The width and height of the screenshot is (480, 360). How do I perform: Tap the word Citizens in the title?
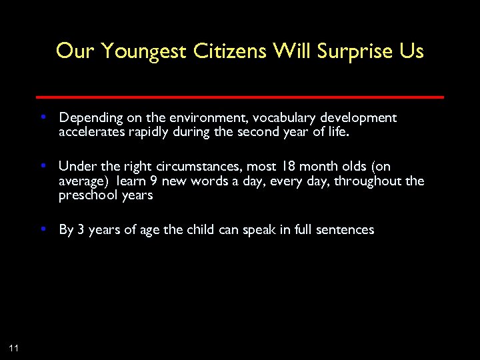pyautogui.click(x=231, y=51)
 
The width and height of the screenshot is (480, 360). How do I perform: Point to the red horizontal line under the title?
pyautogui.click(x=240, y=97)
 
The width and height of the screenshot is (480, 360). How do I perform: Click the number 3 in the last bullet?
pyautogui.click(x=81, y=230)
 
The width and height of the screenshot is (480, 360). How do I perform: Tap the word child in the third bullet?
pyautogui.click(x=215, y=230)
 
